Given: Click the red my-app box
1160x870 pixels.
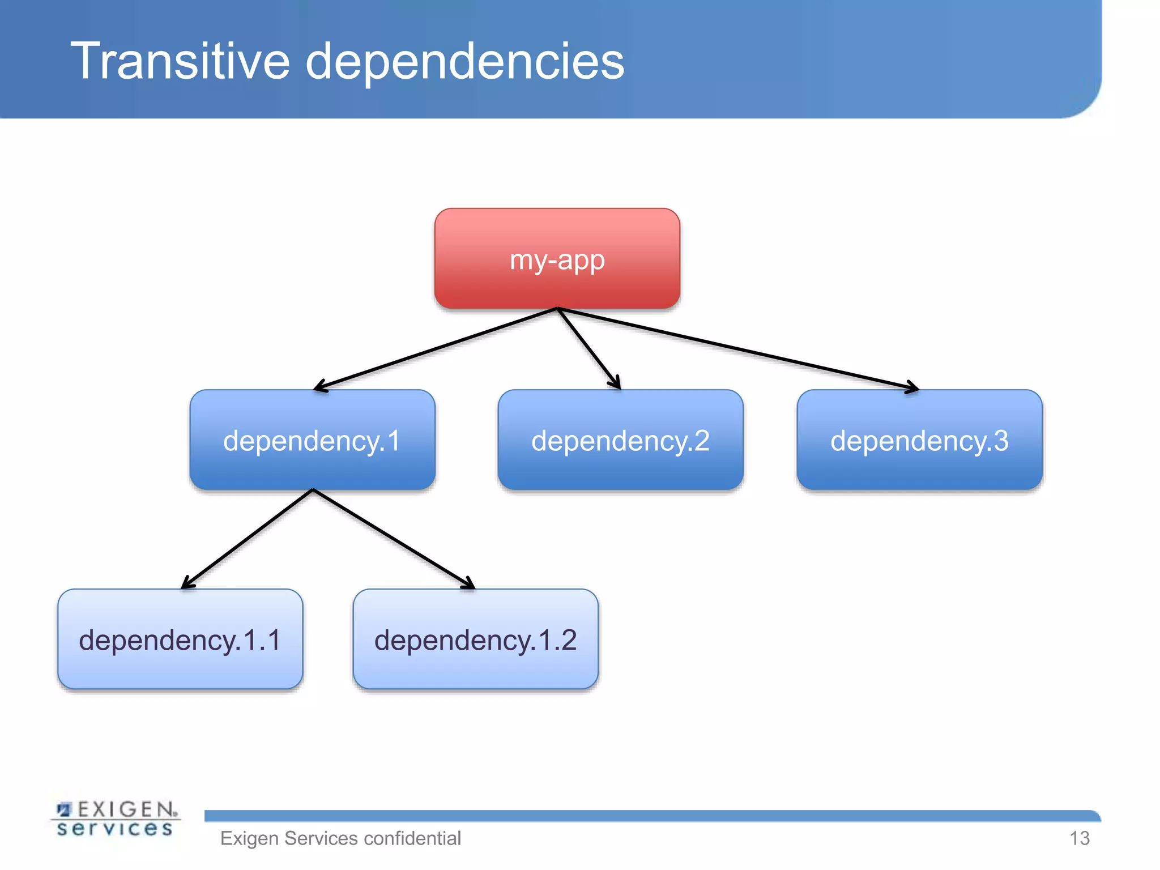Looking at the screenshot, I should click(557, 258).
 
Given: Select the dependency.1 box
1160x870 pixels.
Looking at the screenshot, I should click(312, 440).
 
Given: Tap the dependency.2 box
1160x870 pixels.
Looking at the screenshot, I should click(620, 440).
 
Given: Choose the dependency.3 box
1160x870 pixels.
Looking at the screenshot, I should click(919, 440).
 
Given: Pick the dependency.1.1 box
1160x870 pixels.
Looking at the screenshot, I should click(180, 639).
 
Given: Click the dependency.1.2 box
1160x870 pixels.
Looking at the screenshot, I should click(475, 639).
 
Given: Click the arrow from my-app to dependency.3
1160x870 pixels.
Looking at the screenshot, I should click(736, 349).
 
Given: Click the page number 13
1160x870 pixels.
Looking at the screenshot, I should click(1079, 838).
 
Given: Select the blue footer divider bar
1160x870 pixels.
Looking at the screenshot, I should click(651, 816).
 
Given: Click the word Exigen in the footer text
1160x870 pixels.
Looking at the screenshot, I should click(249, 838).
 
